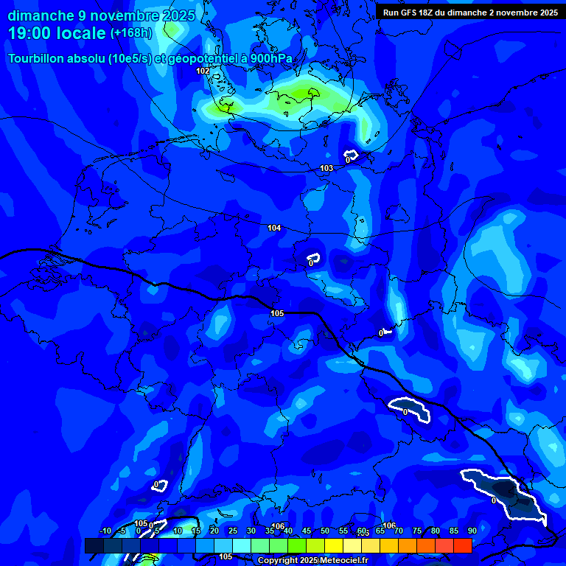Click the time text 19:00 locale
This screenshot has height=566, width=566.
57,34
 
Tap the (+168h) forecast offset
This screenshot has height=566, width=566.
131,33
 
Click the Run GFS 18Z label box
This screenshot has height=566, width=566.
469,13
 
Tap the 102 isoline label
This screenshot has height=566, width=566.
203,71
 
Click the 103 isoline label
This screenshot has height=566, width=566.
326,169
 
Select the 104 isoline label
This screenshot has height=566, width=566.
274,228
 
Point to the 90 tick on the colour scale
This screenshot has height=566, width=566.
472,531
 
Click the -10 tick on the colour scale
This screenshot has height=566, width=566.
105,531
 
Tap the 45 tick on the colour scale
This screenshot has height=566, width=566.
307,531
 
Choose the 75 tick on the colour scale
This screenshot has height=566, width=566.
417,531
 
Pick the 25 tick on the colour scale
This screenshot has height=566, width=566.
233,531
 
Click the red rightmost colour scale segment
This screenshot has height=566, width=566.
462,545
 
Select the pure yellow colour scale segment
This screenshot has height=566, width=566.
333,545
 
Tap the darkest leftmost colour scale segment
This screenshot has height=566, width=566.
94,545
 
